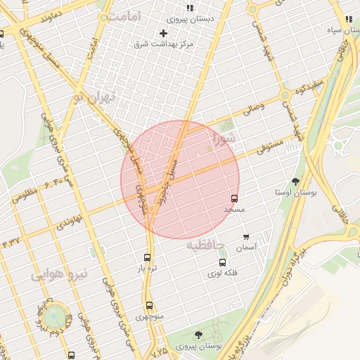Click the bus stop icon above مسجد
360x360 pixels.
tap(234, 199)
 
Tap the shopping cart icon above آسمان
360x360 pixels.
tap(245, 237)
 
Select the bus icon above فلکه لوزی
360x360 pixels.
tap(222, 262)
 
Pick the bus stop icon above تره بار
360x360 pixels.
tap(147, 258)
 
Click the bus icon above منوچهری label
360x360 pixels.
tap(149, 306)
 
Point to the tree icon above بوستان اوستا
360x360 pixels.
tap(295, 181)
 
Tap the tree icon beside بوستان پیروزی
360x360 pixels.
tap(200, 335)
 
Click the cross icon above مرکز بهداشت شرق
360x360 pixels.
tap(164, 33)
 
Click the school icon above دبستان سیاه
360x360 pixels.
tap(347, 21)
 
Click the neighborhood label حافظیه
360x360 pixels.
tap(205, 245)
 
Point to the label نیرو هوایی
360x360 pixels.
tap(60, 274)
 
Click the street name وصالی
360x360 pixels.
tap(252, 110)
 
